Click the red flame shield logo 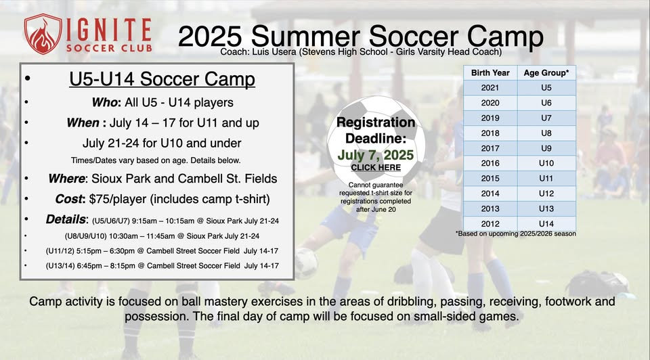pos(42,34)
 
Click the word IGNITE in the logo pos(108,29)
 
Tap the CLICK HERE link pos(376,167)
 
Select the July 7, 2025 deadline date pos(376,155)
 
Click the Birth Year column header pos(490,73)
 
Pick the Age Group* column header pos(546,73)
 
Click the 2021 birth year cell pos(490,88)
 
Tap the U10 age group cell pos(546,163)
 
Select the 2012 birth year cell pos(490,224)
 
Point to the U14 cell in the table pos(546,224)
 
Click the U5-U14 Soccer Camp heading pos(162,79)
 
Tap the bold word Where pos(66,179)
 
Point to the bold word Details pos(66,219)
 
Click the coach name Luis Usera pos(274,52)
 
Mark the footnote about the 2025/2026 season pos(516,233)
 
